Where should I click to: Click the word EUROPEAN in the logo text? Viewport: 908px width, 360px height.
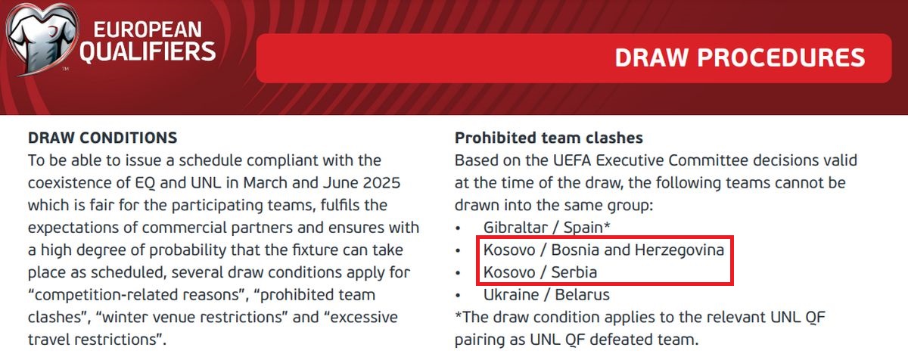point(148,30)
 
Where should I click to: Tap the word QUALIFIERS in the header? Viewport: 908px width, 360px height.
point(148,52)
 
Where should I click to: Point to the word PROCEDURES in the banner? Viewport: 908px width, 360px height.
point(781,57)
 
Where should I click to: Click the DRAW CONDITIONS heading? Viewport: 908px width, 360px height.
point(103,138)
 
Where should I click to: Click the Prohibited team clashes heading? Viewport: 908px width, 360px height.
point(549,138)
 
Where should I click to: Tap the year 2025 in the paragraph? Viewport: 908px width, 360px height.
point(381,182)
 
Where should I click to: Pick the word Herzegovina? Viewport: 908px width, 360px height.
point(679,250)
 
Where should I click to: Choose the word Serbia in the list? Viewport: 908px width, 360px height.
point(574,272)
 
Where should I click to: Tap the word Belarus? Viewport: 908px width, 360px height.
point(582,295)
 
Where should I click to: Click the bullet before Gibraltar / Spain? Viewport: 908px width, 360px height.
point(458,228)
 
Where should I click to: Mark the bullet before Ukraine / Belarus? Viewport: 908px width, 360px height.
point(458,296)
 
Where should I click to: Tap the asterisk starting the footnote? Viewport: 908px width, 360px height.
point(459,314)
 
